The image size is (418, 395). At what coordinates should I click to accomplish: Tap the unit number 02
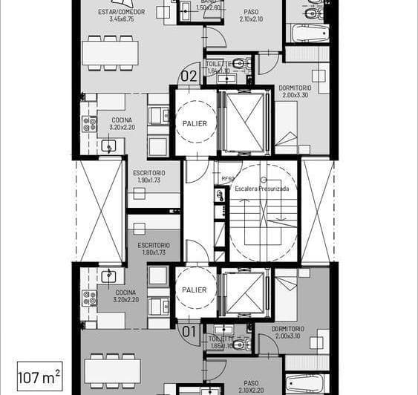pos(189,76)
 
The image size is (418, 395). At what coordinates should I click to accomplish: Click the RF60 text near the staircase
pos(228,179)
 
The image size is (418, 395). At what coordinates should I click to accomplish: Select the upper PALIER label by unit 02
pos(195,123)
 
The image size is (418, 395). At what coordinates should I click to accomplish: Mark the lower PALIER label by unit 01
pos(195,290)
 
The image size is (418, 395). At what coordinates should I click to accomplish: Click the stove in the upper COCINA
pos(90,124)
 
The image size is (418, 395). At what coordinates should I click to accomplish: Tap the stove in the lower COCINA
pos(90,298)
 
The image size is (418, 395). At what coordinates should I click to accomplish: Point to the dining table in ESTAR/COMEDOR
pos(110,53)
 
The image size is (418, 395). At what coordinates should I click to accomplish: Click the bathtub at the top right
pos(307,33)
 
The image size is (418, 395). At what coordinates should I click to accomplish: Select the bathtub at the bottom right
pos(307,383)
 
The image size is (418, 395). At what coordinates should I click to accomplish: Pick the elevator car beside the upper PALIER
pos(244,122)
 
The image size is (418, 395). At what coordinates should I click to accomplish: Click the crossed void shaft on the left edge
pos(101,210)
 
